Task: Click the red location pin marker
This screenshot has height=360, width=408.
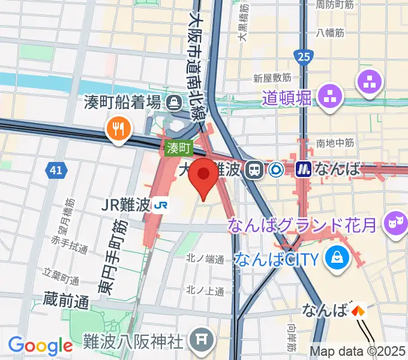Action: pos(203,176)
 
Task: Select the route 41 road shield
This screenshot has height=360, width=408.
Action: pos(55,171)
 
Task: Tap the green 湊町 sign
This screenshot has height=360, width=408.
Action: pos(178,147)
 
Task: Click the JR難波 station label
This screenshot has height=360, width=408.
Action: pos(125,205)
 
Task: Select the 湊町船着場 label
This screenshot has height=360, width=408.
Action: pos(123,102)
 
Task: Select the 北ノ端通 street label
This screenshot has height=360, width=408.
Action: pos(205,260)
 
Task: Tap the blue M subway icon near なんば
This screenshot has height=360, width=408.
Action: pos(304,170)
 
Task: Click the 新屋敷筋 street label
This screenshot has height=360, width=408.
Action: pos(272,78)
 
